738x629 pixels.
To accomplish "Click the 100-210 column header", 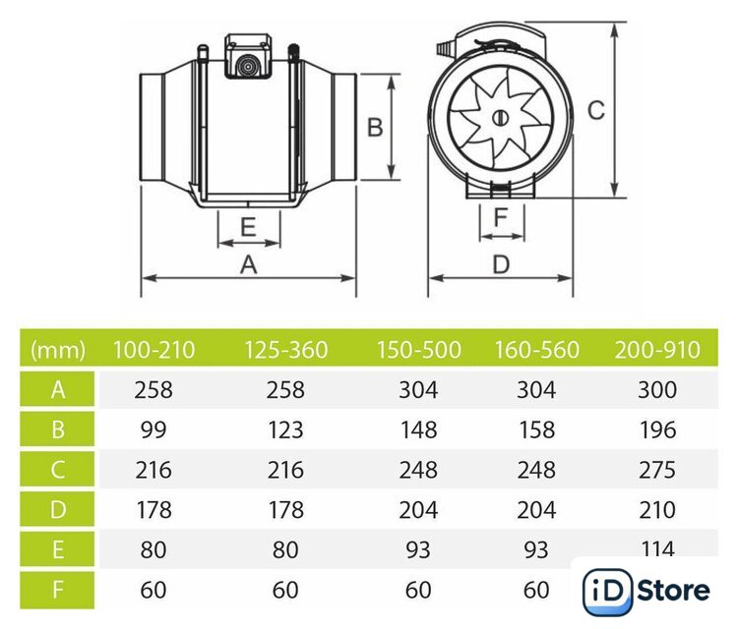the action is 154,350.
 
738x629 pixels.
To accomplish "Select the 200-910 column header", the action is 657,350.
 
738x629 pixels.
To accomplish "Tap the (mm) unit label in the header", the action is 57,350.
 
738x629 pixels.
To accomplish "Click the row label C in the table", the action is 57,470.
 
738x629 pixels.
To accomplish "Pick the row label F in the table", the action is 57,590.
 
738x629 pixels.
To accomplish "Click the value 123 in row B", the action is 285,429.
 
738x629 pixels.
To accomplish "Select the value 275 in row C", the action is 657,470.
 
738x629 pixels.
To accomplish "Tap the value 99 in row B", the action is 154,429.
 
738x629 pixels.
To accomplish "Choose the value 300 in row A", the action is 657,390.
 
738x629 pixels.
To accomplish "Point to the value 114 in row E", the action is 657,548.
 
